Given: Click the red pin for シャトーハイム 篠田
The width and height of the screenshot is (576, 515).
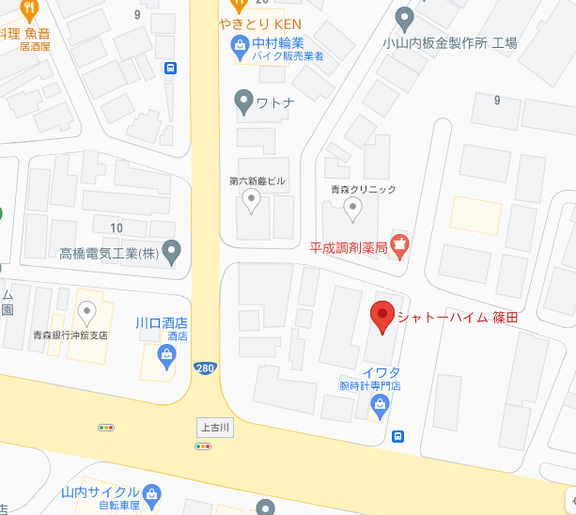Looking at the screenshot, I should pos(382,317).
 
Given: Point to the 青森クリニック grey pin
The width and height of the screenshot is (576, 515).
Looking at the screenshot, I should pos(353,211).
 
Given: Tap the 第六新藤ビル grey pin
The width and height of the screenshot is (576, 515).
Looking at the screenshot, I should pos(252,199).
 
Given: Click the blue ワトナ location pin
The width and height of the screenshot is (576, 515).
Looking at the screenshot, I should pos(243,101).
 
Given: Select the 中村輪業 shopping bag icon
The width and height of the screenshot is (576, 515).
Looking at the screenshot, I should pos(241,43).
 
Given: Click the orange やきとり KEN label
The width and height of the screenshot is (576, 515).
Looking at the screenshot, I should pos(258,23).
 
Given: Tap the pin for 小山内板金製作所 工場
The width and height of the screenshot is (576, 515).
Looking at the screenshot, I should pos(405,17).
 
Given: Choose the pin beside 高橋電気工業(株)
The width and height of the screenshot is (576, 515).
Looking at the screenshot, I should pos(171,251).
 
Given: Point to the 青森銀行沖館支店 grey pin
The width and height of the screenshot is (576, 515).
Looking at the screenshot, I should pos(87,311).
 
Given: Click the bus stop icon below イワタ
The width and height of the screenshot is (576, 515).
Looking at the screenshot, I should pos(399,436).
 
